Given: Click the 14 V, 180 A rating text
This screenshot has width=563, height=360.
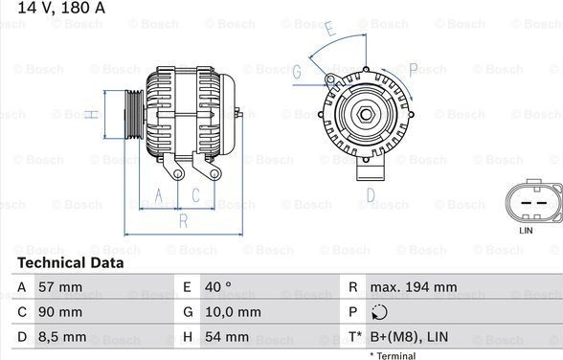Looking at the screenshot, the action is tap(61, 8).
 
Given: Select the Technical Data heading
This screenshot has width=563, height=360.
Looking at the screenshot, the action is tap(71, 263).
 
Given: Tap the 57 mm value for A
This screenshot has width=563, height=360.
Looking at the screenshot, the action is tap(60, 287).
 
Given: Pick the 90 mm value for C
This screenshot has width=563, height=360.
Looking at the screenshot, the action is tap(60, 312).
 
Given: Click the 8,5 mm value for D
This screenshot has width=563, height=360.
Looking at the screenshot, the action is tap(62, 337).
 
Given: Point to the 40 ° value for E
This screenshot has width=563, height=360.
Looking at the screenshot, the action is tap(218, 287).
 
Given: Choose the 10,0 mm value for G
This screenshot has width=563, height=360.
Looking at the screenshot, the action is tap(233, 312).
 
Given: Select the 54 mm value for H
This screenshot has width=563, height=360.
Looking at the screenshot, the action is tap(227, 337).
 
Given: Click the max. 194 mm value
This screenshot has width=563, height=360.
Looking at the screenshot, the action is tap(414, 287).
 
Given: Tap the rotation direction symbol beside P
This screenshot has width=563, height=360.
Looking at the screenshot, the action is tap(379, 312).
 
